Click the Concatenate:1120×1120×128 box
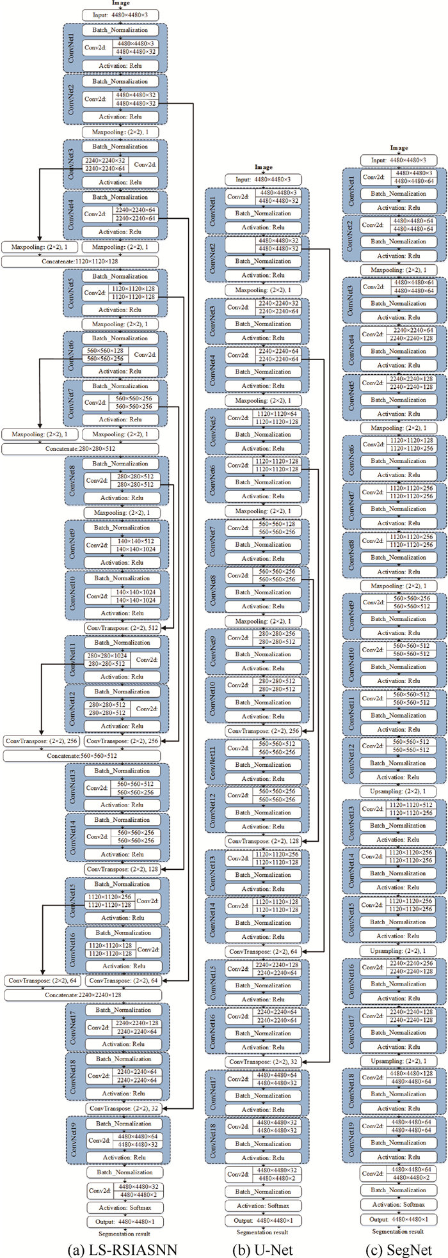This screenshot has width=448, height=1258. tap(80, 262)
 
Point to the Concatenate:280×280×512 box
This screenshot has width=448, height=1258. tap(80, 449)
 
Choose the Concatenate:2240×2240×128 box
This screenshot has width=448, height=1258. tap(83, 995)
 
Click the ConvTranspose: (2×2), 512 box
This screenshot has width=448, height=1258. tap(122, 628)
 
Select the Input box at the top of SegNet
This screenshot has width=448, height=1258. tap(398, 160)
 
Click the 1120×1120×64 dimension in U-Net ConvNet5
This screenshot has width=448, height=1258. tap(278, 414)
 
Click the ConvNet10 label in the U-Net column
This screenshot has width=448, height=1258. tap(213, 695)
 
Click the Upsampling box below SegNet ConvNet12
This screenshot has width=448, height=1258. tap(398, 791)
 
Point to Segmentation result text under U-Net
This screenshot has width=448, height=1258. tap(262, 1232)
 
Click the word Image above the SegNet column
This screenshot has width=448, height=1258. tap(399, 148)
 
